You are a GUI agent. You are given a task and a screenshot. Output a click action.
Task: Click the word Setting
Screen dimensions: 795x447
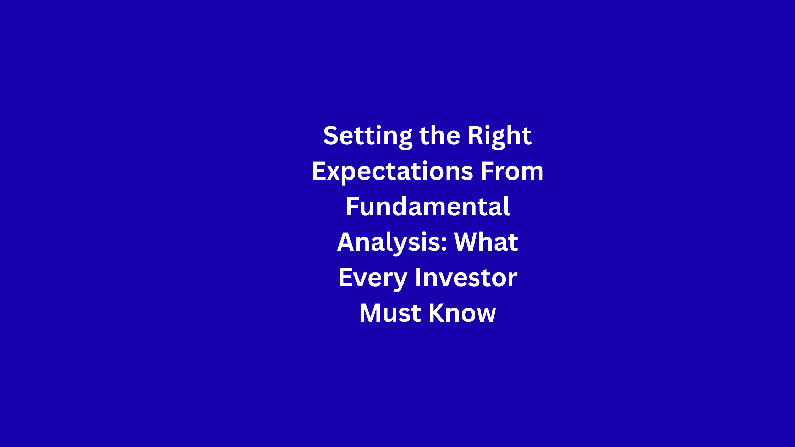(368, 137)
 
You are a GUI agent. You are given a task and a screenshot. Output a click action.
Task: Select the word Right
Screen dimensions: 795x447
(500, 136)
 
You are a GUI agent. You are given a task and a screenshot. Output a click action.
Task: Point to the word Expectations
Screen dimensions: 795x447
(393, 172)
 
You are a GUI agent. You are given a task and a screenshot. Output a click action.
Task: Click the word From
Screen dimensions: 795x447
(512, 171)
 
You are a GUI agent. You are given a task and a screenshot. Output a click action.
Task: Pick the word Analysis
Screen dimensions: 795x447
(389, 243)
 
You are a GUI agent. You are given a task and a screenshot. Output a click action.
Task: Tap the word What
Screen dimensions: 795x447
(486, 242)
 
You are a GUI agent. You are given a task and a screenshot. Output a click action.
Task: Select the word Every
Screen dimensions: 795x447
(373, 279)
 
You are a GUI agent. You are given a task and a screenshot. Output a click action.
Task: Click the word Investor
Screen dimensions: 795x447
(466, 277)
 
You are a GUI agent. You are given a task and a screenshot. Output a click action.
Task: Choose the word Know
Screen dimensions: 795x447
(462, 313)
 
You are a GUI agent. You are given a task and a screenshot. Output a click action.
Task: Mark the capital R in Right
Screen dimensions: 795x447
(476, 136)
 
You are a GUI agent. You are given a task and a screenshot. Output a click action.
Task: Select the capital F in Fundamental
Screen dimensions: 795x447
(353, 206)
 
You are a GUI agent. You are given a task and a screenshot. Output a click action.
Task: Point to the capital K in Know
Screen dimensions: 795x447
(437, 313)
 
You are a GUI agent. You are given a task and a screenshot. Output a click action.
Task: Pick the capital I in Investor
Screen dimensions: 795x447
(418, 277)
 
